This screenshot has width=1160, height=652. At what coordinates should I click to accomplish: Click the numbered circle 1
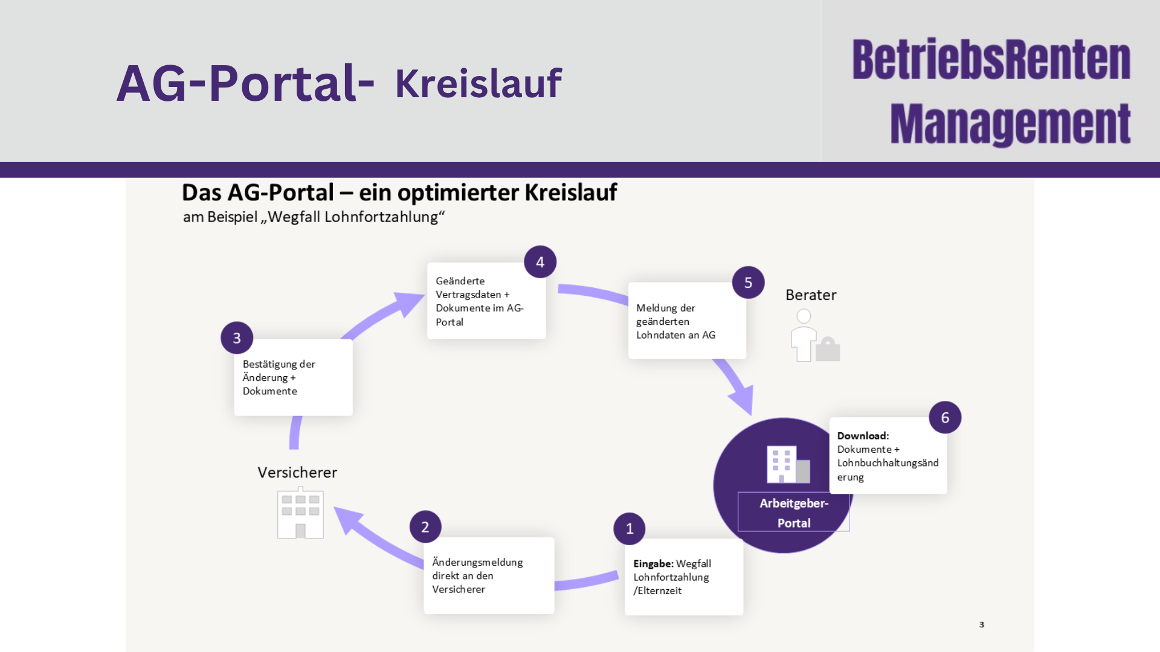629,529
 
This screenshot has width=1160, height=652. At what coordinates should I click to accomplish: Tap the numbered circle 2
425,527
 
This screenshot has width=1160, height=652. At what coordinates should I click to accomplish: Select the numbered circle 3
237,338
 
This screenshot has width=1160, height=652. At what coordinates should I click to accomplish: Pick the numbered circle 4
540,262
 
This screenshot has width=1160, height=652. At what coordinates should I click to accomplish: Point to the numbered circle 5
748,283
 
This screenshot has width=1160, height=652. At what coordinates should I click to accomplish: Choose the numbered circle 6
945,417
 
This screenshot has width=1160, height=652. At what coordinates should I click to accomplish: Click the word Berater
811,295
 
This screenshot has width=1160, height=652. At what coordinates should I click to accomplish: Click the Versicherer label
297,473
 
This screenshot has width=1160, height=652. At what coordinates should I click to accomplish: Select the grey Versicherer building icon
300,513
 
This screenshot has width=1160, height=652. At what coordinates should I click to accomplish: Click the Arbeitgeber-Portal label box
794,512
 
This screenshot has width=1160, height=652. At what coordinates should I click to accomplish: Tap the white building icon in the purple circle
788,464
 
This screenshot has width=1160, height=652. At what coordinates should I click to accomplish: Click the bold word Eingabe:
653,564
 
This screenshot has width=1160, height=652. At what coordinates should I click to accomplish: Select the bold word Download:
863,436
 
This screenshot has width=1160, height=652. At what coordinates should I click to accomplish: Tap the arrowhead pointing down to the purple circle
742,399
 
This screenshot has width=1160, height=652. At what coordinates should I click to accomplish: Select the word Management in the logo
1010,124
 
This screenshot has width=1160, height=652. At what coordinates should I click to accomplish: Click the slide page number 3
982,625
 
